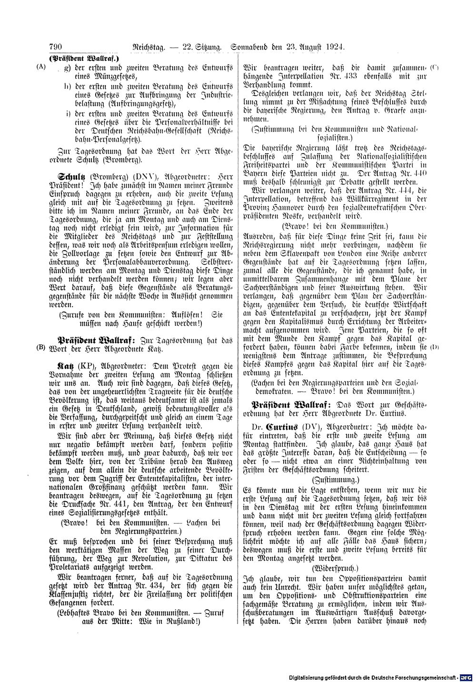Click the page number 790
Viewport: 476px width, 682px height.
(x=56, y=47)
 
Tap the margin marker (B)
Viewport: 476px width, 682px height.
(x=41, y=347)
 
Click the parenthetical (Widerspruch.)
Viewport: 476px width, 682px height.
(x=335, y=568)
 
